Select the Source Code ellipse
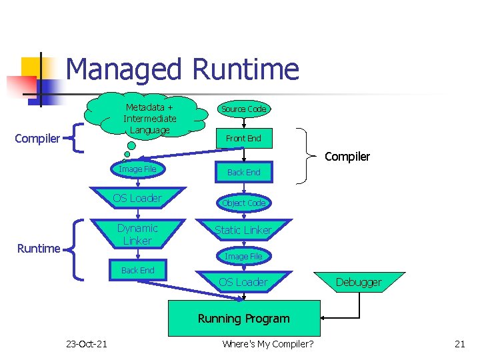[x=243, y=109]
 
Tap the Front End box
[x=243, y=138]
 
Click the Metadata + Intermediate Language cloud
[x=150, y=117]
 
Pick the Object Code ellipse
[x=243, y=203]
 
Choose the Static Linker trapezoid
[x=243, y=230]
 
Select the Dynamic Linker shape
[x=137, y=235]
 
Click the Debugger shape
[x=359, y=282]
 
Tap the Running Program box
[x=243, y=318]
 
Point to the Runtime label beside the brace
[x=39, y=249]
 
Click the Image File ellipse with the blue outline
[x=137, y=169]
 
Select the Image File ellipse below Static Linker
[x=243, y=256]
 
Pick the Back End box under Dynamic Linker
[x=137, y=270]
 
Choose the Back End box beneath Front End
[x=243, y=172]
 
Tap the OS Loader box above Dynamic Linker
[x=137, y=198]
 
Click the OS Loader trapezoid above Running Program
[x=243, y=282]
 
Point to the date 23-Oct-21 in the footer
[x=86, y=343]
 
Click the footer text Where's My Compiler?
[x=268, y=343]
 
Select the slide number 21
[x=459, y=343]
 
